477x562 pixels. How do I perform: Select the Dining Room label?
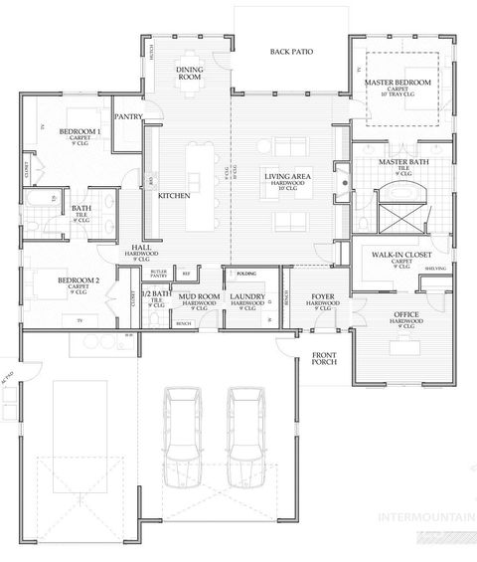coord(190,73)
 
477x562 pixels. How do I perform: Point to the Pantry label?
coord(129,116)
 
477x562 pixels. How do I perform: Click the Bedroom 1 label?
coord(79,132)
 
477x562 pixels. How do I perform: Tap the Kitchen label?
coord(173,196)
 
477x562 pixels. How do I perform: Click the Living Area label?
coord(283,176)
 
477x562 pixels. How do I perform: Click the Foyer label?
coord(322,296)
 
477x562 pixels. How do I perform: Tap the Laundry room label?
coord(245,296)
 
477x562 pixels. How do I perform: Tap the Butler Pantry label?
coord(158,273)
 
